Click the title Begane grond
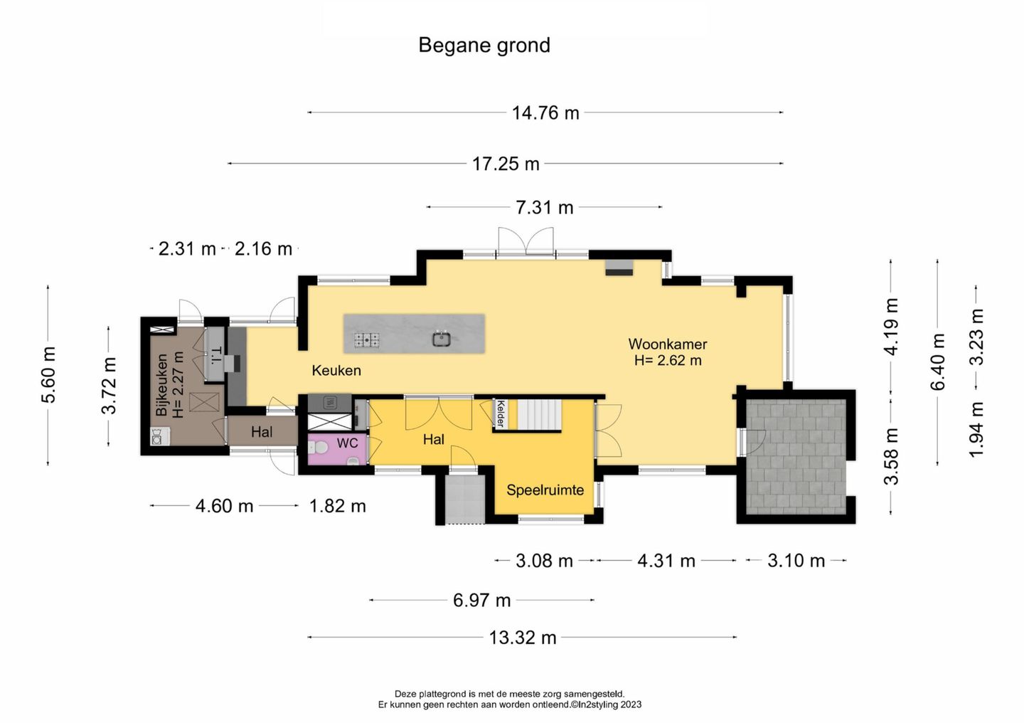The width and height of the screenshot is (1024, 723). click(x=484, y=46)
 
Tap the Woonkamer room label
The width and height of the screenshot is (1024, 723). click(x=668, y=344)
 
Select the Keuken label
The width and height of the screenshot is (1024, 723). click(x=336, y=370)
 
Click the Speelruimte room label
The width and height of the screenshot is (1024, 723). click(x=545, y=490)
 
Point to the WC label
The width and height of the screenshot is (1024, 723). click(x=347, y=443)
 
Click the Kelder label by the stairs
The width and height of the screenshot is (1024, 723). click(x=501, y=413)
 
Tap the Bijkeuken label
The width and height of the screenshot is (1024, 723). click(x=161, y=385)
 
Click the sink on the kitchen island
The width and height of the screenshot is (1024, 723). click(x=442, y=339)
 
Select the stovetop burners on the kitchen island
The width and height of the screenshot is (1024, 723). click(x=367, y=339)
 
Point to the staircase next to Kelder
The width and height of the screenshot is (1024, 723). click(x=539, y=415)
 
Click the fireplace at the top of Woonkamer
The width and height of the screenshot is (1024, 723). click(x=619, y=268)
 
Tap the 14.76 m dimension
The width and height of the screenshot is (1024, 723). click(x=545, y=113)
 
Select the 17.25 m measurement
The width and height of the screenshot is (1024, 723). click(x=506, y=164)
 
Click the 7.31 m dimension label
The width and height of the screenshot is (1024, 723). click(x=545, y=208)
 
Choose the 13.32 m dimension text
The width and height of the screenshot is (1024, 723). click(x=523, y=638)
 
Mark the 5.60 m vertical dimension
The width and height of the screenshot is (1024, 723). click(x=48, y=375)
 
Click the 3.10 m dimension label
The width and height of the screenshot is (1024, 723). click(x=796, y=561)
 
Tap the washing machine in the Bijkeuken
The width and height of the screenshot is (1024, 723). click(x=157, y=436)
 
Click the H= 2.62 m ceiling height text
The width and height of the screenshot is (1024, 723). click(x=668, y=361)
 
